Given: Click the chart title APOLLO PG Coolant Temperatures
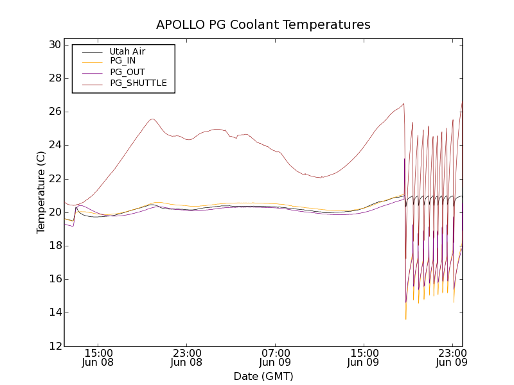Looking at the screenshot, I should coord(263,25).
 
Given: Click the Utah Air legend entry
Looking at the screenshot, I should coord(127,51).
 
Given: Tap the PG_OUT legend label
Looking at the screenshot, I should coord(127,72).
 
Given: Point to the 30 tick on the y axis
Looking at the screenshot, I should coord(53,45).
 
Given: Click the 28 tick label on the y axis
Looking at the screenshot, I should coord(53,78).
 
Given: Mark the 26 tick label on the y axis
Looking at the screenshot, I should coord(53,112).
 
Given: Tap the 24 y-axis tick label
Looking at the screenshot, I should coord(53,145).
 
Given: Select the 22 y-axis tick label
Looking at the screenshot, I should coord(53,179).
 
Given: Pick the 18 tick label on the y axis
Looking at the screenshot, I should coord(53,246).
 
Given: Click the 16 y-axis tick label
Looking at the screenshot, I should coord(53,279).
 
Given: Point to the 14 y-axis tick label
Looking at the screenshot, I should coord(53,312).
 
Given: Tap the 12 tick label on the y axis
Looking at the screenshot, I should coord(53,346).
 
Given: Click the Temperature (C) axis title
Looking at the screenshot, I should coord(41,193).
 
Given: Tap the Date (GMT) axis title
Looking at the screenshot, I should coord(263,376).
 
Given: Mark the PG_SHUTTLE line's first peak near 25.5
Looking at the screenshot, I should coord(152,119).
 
